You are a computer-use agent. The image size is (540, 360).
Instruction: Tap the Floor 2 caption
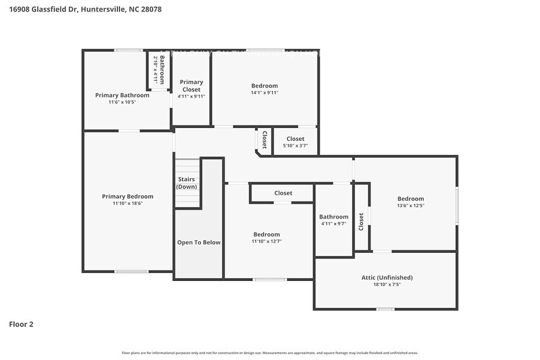tap(21, 324)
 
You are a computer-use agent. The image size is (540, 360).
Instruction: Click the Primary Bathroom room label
tap(122, 95)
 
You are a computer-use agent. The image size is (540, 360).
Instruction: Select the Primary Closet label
tap(191, 86)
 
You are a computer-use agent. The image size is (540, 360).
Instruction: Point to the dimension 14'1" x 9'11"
tap(264, 93)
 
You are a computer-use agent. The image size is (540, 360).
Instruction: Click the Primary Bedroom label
tap(127, 197)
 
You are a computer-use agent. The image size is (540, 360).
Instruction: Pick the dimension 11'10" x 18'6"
tap(127, 204)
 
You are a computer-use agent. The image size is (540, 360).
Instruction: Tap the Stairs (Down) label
tap(187, 183)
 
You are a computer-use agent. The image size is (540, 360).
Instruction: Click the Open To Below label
tap(198, 242)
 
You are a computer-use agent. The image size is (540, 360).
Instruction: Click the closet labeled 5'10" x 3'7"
tap(295, 142)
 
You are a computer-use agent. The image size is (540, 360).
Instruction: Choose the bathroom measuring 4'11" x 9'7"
tap(334, 220)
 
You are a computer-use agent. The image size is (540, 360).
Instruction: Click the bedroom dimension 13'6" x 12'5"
tap(410, 206)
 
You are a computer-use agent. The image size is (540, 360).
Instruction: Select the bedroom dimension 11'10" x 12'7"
tap(266, 241)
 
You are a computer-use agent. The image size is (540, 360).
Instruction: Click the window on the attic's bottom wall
tap(385, 309)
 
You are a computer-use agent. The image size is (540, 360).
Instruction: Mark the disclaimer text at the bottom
tap(270, 353)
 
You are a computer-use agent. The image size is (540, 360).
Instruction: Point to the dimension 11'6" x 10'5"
tap(122, 102)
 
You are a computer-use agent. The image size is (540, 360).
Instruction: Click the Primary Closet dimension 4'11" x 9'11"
tap(191, 97)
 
